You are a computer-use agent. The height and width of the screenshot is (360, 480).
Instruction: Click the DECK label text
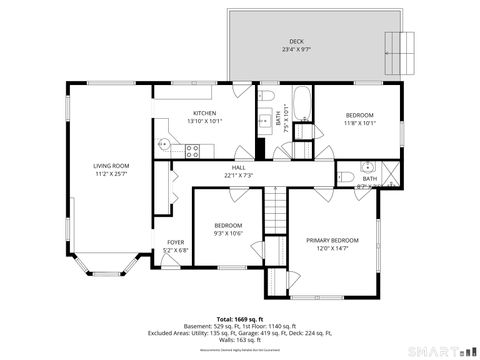[297, 41]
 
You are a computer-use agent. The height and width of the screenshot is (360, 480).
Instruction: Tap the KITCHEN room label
[205, 114]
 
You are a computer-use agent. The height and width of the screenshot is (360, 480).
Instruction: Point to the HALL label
[239, 167]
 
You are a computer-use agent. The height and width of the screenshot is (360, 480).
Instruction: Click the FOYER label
[175, 242]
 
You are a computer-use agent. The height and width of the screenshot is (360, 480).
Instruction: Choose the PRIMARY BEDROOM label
[332, 241]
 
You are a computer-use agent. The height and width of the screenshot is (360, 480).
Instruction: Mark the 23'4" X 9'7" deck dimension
[297, 49]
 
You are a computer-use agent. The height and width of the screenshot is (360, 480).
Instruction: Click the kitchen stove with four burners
[194, 151]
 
